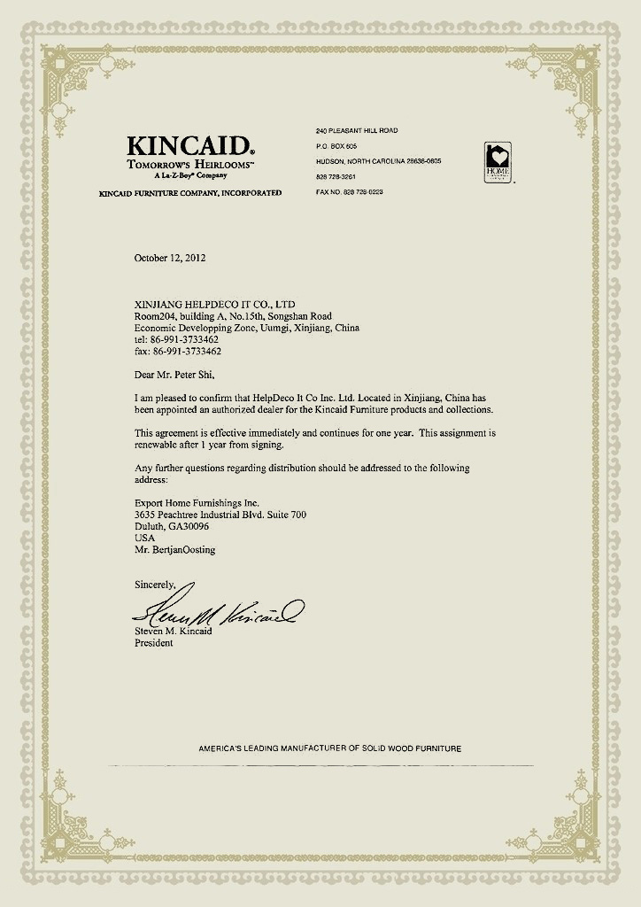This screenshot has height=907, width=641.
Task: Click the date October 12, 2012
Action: click(170, 258)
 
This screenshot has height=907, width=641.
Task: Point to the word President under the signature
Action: click(154, 643)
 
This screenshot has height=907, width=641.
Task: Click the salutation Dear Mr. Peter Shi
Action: click(174, 374)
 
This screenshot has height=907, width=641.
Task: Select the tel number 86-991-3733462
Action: click(177, 339)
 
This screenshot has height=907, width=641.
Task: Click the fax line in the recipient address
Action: click(177, 351)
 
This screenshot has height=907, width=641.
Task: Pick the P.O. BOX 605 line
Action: click(336, 145)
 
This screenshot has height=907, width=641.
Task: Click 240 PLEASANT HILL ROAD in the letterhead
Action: click(357, 130)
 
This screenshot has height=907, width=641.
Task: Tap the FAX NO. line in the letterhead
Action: click(350, 192)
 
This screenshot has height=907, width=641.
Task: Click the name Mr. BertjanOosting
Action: click(174, 549)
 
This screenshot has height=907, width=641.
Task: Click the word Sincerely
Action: click(155, 585)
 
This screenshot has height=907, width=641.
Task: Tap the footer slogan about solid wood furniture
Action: click(330, 748)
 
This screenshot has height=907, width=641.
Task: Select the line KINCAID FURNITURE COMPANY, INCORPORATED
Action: click(190, 192)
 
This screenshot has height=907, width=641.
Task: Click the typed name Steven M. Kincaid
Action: click(175, 631)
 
